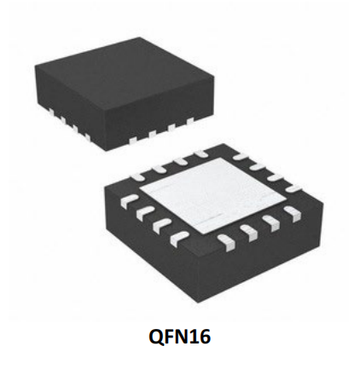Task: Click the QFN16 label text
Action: click(180, 337)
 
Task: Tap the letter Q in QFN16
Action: click(155, 337)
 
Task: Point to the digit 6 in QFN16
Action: click(205, 337)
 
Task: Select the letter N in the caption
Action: click(183, 337)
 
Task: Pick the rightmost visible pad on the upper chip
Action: click(190, 121)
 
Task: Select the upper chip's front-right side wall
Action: click(162, 112)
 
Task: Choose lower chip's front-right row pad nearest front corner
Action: click(226, 242)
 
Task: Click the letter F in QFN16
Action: click(169, 337)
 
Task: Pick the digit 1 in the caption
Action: click(194, 337)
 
